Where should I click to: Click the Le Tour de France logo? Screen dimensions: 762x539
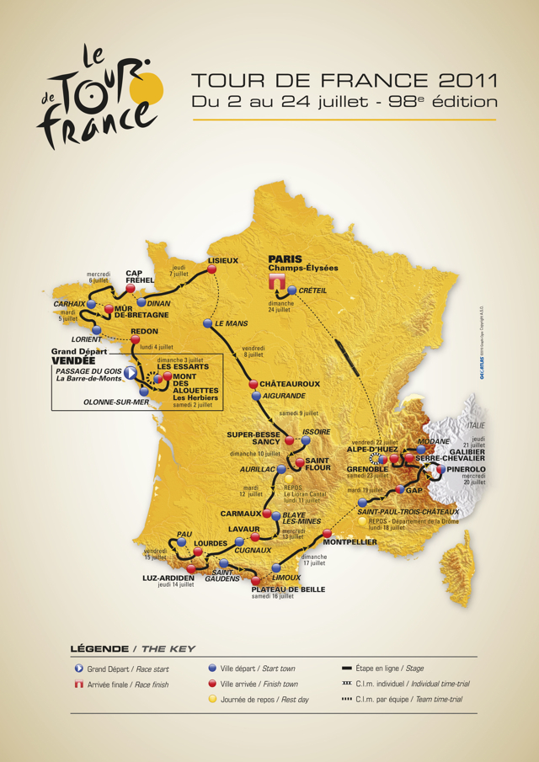99,94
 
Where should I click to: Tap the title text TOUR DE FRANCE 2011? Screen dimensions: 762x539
344,81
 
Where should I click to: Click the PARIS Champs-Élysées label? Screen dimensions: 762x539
302,264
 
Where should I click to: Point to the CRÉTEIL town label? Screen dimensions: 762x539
312,291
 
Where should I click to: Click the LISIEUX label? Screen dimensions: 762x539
223,260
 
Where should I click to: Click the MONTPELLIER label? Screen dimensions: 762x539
348,543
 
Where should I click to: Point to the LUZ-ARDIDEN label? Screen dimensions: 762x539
169,577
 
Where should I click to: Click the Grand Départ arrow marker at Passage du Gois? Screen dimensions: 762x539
131,371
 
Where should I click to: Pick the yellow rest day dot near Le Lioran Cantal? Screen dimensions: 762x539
288,477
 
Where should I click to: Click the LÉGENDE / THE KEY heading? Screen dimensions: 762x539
133,648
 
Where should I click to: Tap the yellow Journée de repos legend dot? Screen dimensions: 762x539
212,699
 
